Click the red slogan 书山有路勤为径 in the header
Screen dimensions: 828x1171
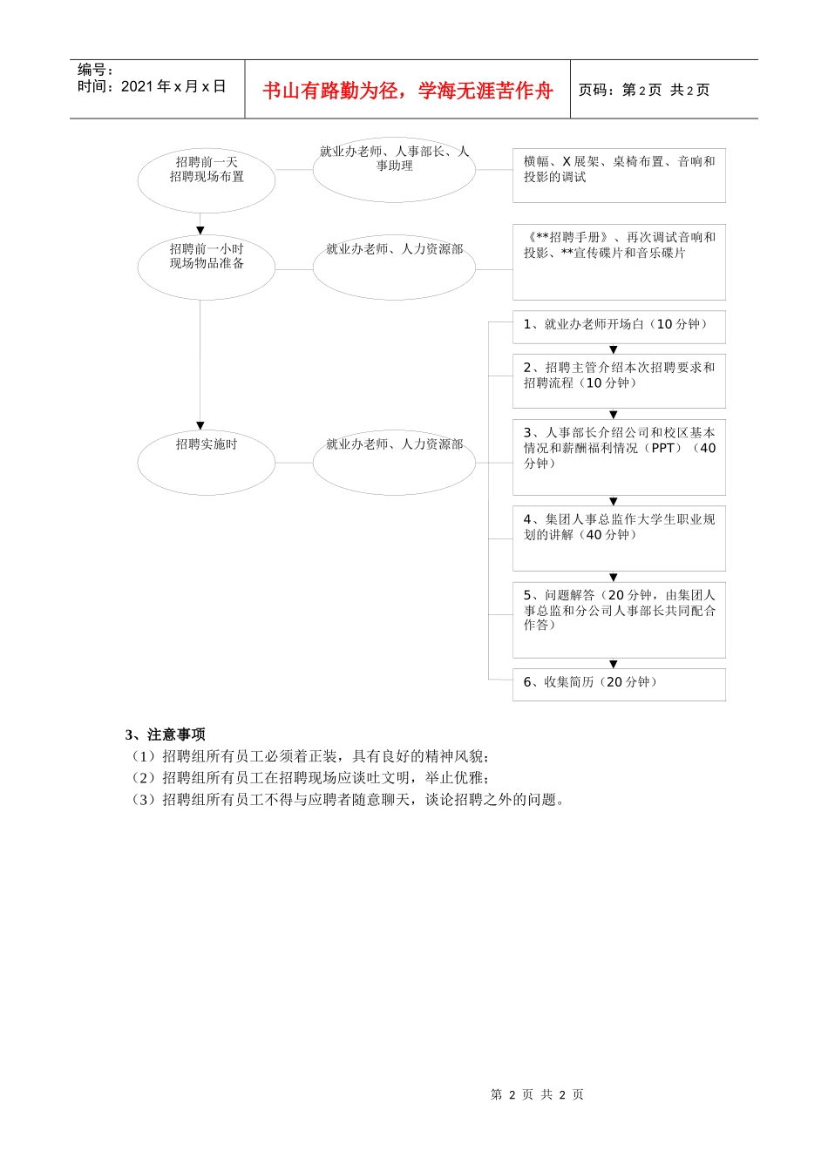pos(407,91)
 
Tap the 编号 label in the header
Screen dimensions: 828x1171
pos(95,70)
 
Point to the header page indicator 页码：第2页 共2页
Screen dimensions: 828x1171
pos(644,90)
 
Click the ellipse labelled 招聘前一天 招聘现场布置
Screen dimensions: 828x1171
pos(207,179)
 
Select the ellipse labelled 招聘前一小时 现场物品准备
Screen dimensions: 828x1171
pos(207,266)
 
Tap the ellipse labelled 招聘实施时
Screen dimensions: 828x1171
pos(207,461)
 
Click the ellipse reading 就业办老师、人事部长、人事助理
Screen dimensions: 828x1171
pos(394,169)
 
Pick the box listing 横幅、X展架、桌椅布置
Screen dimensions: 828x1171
pos(619,174)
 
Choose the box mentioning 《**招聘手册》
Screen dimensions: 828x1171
pos(619,261)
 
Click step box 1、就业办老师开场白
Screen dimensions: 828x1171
pos(619,326)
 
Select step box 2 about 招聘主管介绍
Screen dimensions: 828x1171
pos(619,380)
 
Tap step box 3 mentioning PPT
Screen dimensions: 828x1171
pos(619,456)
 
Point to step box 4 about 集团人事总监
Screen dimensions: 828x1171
pos(619,537)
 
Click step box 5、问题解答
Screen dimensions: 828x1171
pos(619,619)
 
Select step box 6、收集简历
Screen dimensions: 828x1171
pos(619,684)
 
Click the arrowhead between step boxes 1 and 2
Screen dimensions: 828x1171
pos(614,349)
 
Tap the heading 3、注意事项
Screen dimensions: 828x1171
pos(166,734)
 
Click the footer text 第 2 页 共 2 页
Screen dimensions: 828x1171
pos(537,1094)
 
